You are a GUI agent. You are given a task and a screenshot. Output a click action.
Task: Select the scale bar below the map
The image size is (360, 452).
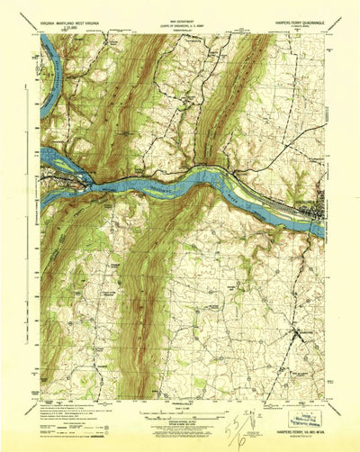[x=180, y=411]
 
